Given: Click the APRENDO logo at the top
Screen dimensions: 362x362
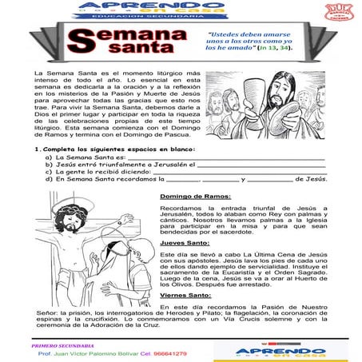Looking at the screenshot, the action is [x=178, y=7].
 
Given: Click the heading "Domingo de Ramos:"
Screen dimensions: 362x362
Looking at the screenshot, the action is [x=195, y=196].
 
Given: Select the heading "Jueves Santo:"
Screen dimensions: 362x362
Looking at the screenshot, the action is [x=185, y=243].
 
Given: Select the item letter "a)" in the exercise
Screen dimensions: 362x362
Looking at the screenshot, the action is [x=49, y=157].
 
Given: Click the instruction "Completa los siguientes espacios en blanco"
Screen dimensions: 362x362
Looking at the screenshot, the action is [x=121, y=149].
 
